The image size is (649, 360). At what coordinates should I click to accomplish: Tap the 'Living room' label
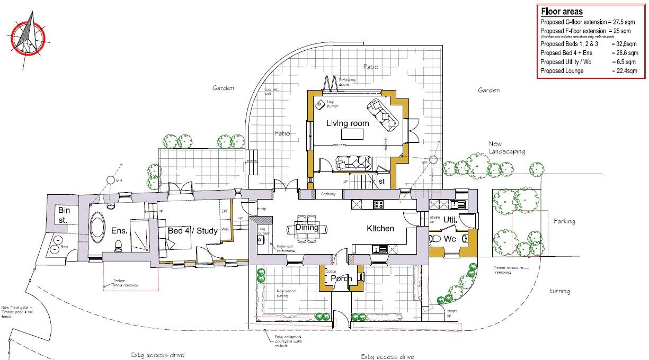[348, 123]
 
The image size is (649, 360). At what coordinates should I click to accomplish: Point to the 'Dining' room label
[307, 228]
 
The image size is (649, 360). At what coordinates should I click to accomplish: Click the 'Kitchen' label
[381, 229]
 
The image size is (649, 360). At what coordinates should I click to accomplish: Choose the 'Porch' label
[342, 278]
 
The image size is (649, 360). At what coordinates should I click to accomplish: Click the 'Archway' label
[328, 194]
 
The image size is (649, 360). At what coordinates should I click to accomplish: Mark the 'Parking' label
[564, 221]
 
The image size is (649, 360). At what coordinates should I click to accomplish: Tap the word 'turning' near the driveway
[559, 291]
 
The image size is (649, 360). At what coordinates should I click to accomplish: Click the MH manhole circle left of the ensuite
[111, 181]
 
